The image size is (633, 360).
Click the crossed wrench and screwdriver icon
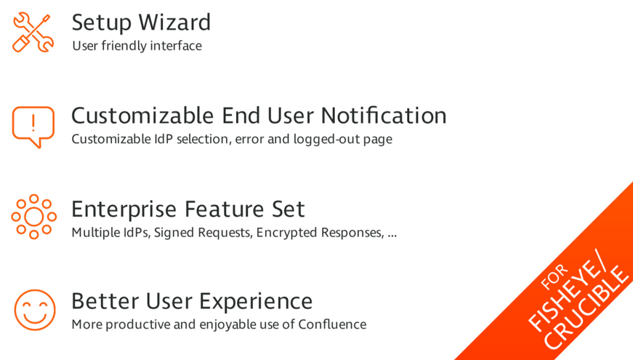coord(33,32)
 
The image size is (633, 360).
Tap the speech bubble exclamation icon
coord(33,127)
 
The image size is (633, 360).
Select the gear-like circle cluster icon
coord(34,217)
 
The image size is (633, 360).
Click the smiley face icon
coord(35,310)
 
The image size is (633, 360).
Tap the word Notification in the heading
coord(384,116)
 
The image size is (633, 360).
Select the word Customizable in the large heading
coord(142,116)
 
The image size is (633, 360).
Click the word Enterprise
coord(124,209)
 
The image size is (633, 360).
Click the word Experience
coord(256,302)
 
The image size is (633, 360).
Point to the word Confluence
coord(332,324)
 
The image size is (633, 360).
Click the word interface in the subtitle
coord(176,46)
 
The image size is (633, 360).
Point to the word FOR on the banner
coord(555,277)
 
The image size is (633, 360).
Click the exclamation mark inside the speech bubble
coord(33,123)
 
